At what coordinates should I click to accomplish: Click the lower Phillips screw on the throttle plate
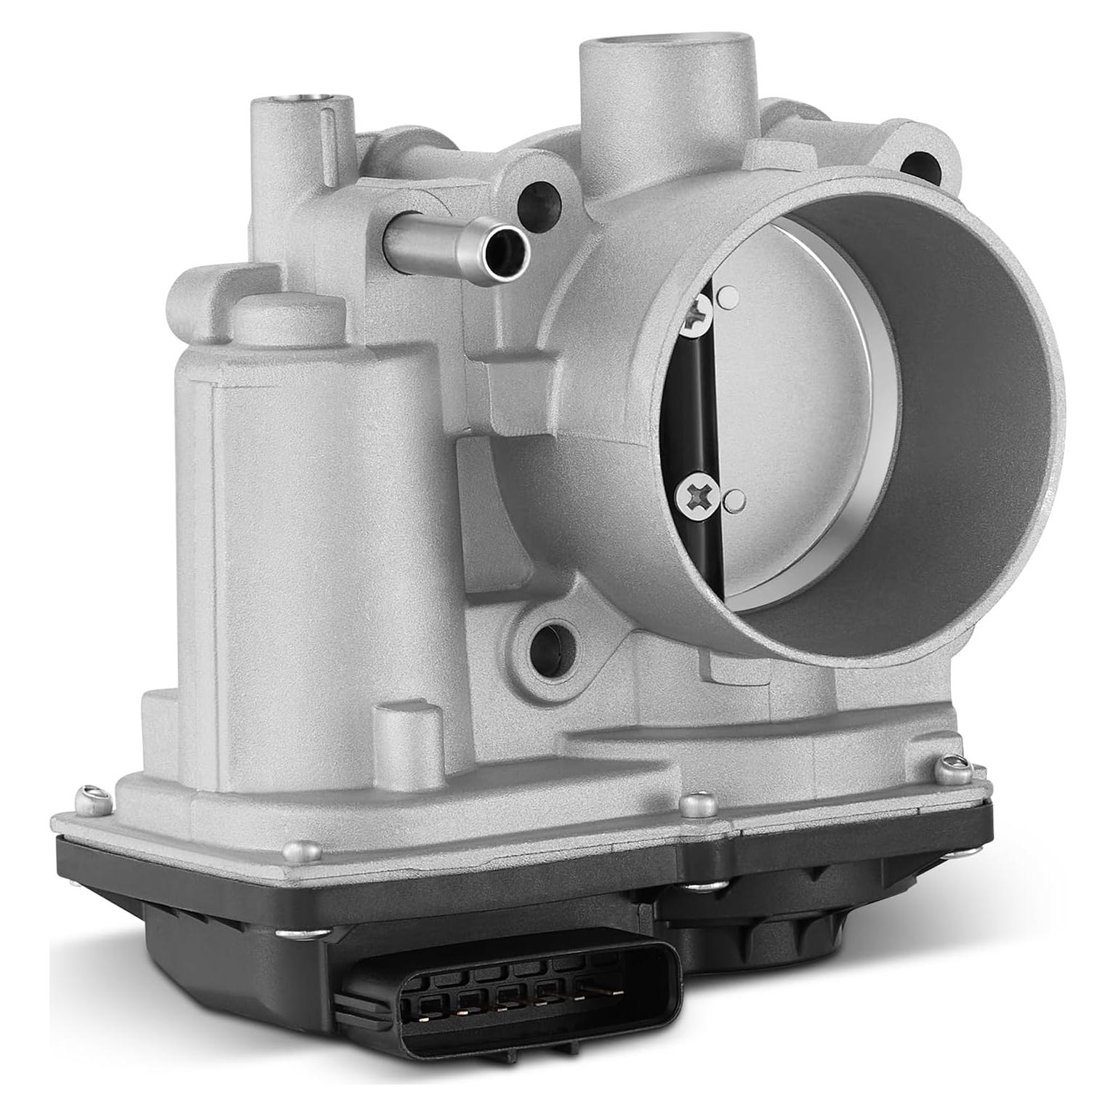tap(697, 498)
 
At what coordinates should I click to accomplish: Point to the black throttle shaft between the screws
tap(699, 407)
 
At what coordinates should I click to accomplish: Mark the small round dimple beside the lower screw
tap(736, 499)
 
